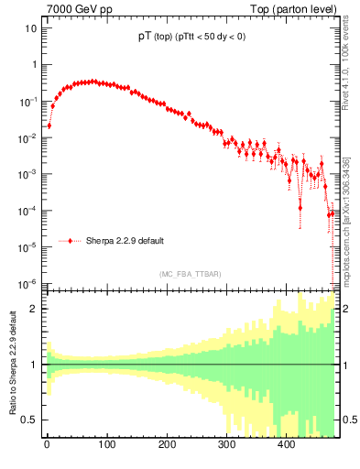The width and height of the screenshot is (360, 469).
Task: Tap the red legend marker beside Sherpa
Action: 71,241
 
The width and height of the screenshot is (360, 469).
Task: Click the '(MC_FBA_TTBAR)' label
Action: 190,275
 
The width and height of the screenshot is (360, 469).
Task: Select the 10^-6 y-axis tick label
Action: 28,283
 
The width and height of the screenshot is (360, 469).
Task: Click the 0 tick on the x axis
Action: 47,444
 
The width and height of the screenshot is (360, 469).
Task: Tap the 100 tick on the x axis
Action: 106,444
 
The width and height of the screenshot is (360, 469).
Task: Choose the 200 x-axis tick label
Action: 166,444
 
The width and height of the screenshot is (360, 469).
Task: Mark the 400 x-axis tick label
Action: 286,444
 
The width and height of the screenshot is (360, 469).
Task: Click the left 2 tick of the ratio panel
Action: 34,309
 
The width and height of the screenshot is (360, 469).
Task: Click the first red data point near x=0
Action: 49,125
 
